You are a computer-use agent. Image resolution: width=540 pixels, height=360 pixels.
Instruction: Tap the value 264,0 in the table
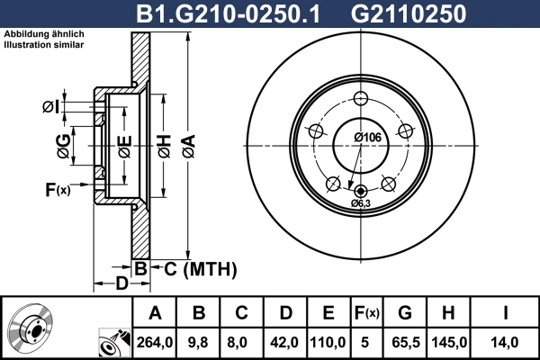tap(155, 341)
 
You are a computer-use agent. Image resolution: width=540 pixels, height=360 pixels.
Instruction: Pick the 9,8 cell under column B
tap(199, 341)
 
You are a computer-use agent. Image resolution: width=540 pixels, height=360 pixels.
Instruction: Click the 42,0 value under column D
tap(285, 341)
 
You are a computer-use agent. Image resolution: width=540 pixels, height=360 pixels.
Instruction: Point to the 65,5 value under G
tap(405, 341)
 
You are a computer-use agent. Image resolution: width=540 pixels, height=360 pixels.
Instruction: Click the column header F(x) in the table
tap(366, 313)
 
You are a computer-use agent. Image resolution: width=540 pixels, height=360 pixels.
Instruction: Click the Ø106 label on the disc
tap(364, 137)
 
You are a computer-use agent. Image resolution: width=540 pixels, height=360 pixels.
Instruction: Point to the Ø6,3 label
tap(361, 203)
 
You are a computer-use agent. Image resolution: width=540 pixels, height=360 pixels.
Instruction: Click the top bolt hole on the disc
tap(361, 99)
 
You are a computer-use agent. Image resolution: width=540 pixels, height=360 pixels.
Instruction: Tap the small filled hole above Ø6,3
tap(361, 191)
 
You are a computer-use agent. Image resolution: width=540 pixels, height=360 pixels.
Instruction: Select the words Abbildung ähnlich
tap(41, 34)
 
